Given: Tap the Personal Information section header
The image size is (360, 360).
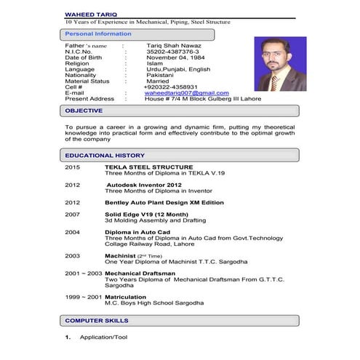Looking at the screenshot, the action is (98, 33).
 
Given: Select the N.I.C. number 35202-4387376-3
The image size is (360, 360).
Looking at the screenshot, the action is (172, 52).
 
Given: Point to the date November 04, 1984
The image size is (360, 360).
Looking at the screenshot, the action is (176, 57).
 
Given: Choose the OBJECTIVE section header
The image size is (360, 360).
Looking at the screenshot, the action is (84, 111).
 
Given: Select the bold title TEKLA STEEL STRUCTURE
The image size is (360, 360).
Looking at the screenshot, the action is (148, 167).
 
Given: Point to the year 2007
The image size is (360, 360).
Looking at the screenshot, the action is (72, 215).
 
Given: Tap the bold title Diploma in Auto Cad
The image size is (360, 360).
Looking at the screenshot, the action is (137, 232).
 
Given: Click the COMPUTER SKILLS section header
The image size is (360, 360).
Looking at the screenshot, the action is (97, 320).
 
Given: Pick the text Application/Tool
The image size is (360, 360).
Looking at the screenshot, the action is (107, 337).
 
